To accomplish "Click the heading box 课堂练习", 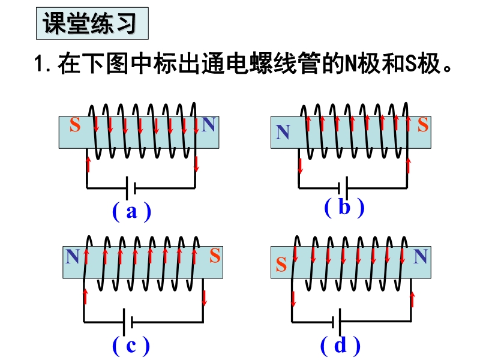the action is pyautogui.click(x=92, y=23).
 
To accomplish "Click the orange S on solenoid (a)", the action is pyautogui.click(x=75, y=124).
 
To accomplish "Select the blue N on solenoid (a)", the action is pyautogui.click(x=209, y=124).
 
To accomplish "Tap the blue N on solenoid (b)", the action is pyautogui.click(x=283, y=132).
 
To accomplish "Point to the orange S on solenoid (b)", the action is pyautogui.click(x=423, y=124).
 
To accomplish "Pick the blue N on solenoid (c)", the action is pyautogui.click(x=73, y=256).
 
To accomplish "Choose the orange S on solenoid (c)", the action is pyautogui.click(x=215, y=256).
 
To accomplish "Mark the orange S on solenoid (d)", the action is pyautogui.click(x=281, y=264).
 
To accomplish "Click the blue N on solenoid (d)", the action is pyautogui.click(x=421, y=256).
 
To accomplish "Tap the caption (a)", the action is pyautogui.click(x=131, y=211).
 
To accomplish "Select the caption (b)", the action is pyautogui.click(x=344, y=207).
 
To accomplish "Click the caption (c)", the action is pyautogui.click(x=131, y=346).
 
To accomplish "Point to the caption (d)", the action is pyautogui.click(x=340, y=346).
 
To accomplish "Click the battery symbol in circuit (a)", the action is pyautogui.click(x=131, y=188).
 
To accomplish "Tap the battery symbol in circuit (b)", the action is pyautogui.click(x=343, y=188).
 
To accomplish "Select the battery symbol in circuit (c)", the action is pyautogui.click(x=128, y=322).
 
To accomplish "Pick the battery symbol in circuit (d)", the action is pyautogui.click(x=337, y=322).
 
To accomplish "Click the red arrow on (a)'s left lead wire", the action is pyautogui.click(x=88, y=164).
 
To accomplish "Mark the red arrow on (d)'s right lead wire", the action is pyautogui.click(x=412, y=299).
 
